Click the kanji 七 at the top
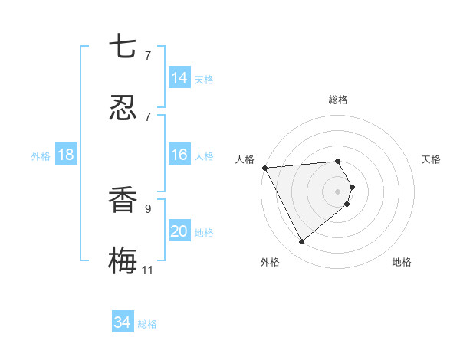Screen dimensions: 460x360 point(123,47)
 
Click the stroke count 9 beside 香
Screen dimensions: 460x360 point(147,208)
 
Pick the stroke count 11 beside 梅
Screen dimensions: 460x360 point(147,270)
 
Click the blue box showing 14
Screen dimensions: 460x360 point(179,77)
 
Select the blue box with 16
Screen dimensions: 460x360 point(179,155)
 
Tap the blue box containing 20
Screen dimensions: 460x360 point(179,231)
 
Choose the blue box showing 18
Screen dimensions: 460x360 point(66,155)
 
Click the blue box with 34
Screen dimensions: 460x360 point(123,322)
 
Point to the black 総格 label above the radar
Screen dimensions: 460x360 point(338,100)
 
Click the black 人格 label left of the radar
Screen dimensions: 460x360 point(245,159)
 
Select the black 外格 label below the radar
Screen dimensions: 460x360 point(270,262)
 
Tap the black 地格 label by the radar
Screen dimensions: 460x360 point(402,262)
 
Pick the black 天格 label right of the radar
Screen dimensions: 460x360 point(431,159)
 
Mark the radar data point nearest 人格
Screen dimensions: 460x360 point(264,168)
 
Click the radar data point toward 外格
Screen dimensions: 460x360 point(301,242)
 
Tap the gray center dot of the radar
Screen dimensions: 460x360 point(338,191)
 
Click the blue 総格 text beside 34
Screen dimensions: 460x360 point(147,324)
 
